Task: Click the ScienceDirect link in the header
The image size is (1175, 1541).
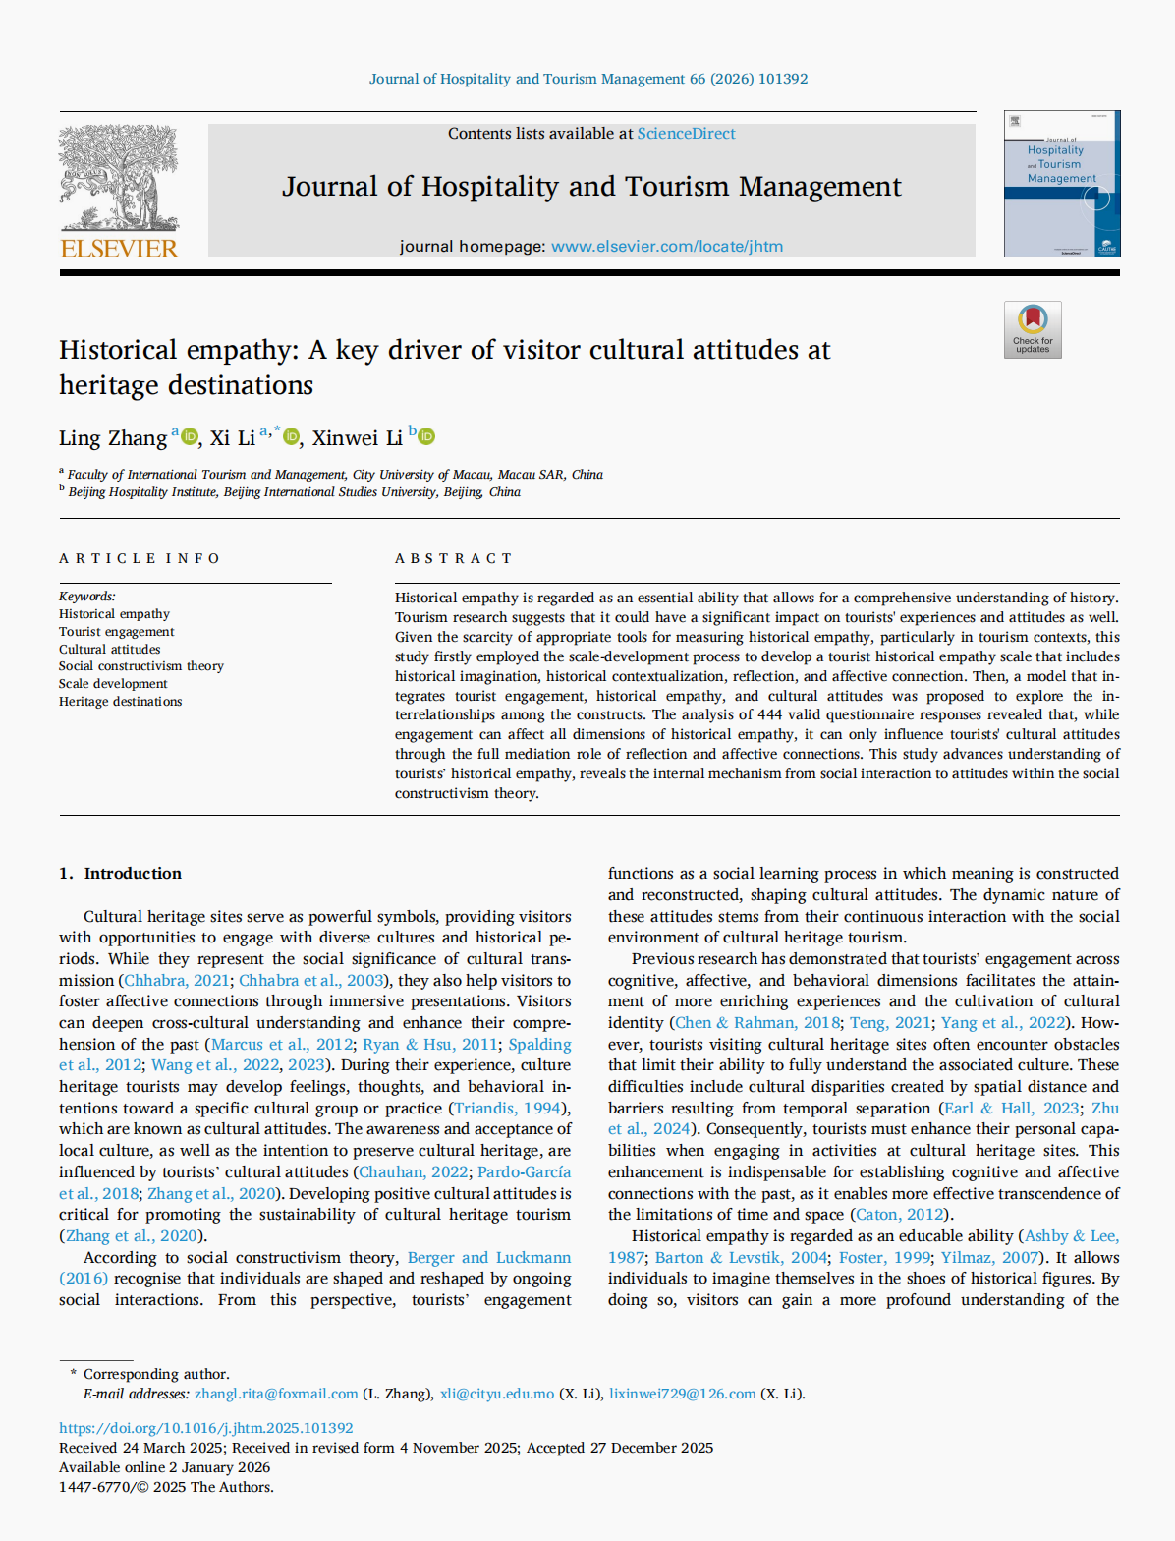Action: pos(686,134)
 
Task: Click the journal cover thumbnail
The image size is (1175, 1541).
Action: pos(1061,184)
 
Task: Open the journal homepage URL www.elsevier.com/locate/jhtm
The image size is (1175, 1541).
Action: pos(666,247)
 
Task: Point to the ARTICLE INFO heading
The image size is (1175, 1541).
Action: pos(140,558)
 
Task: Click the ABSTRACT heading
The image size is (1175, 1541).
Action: pos(453,558)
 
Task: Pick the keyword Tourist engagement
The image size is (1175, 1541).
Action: pos(116,632)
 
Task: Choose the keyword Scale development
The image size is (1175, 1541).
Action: pos(113,684)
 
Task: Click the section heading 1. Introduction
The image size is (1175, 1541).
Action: pos(120,874)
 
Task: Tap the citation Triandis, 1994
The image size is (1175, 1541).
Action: pos(507,1109)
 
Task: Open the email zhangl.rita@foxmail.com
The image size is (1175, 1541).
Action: pos(276,1395)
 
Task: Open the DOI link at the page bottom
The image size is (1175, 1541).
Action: pos(205,1428)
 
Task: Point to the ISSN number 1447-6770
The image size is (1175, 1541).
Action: pos(94,1488)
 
